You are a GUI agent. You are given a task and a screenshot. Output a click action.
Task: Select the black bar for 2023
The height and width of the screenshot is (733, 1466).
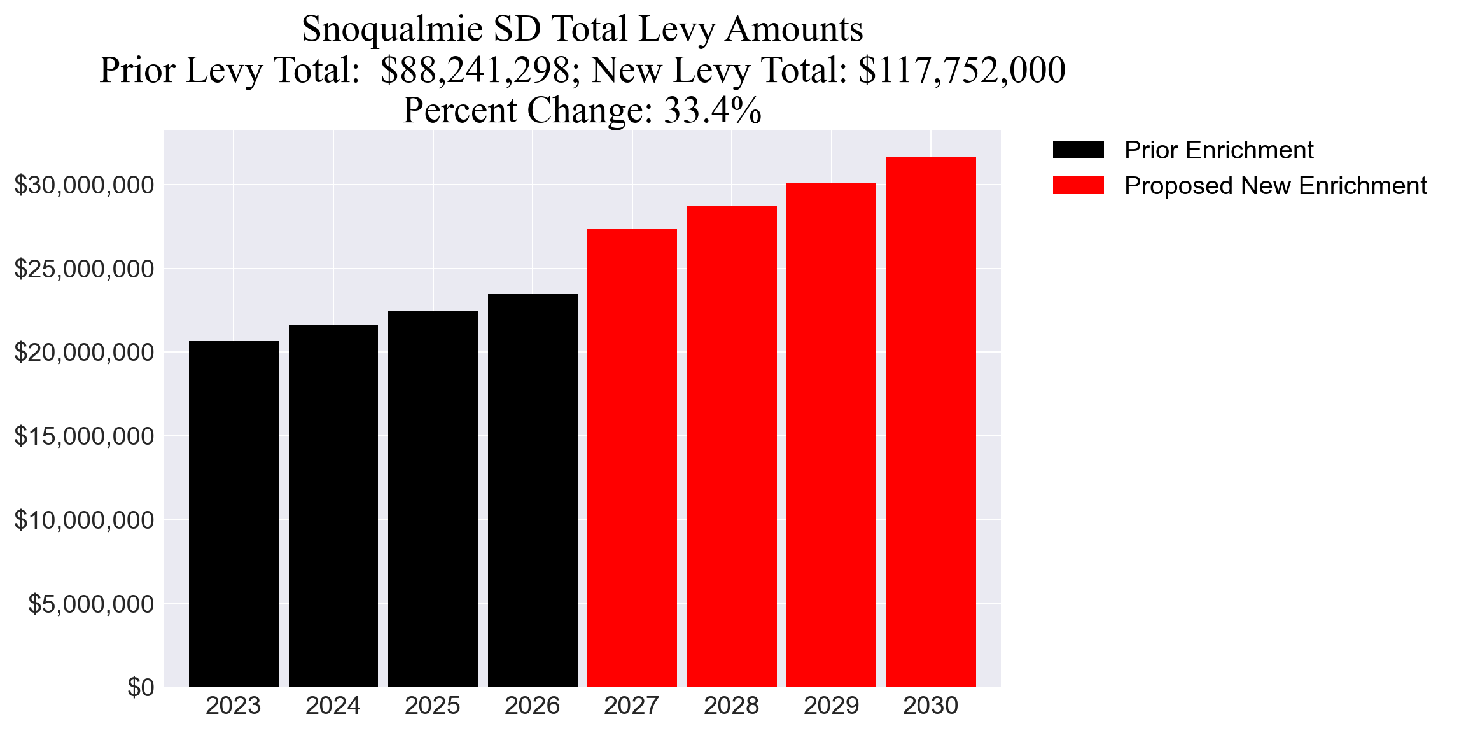[x=234, y=514]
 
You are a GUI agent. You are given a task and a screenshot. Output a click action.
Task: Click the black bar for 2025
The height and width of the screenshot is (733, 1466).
[x=433, y=499]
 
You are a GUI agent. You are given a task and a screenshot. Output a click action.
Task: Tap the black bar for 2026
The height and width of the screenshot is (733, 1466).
[x=533, y=491]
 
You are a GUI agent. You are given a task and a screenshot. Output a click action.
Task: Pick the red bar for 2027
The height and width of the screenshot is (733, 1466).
[x=632, y=458]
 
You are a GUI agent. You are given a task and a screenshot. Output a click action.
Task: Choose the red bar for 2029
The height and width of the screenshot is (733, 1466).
[x=831, y=435]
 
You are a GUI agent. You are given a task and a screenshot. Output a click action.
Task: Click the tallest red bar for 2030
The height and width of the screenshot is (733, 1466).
[x=931, y=422]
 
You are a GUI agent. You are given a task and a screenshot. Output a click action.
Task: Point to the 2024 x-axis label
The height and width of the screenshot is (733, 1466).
[x=333, y=706]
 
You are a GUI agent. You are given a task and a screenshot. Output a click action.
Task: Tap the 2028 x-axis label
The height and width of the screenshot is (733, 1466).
[x=731, y=706]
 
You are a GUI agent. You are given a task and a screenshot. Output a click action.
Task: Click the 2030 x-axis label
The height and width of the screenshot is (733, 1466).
[x=931, y=706]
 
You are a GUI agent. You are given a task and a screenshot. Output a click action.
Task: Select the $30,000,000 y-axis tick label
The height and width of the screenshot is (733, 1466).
[x=84, y=185]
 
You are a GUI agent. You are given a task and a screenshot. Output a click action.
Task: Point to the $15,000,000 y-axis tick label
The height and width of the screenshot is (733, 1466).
[x=84, y=436]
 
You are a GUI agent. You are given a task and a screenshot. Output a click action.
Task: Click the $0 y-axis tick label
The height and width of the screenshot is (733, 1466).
[x=141, y=688]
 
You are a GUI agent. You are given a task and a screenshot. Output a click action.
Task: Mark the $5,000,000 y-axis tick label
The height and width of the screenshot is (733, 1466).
[x=91, y=604]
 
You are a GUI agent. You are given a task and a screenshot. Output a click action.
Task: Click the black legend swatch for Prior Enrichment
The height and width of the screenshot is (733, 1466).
[x=1078, y=150]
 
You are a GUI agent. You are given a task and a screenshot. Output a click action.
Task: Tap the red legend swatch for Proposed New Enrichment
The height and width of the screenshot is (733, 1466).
[x=1078, y=186]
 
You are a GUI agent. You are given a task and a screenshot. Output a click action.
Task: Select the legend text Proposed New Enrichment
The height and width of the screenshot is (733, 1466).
[x=1275, y=186]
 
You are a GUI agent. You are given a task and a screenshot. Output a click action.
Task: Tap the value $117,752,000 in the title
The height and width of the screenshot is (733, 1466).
[x=961, y=70]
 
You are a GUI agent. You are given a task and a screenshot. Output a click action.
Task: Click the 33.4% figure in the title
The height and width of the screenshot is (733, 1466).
[x=712, y=110]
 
